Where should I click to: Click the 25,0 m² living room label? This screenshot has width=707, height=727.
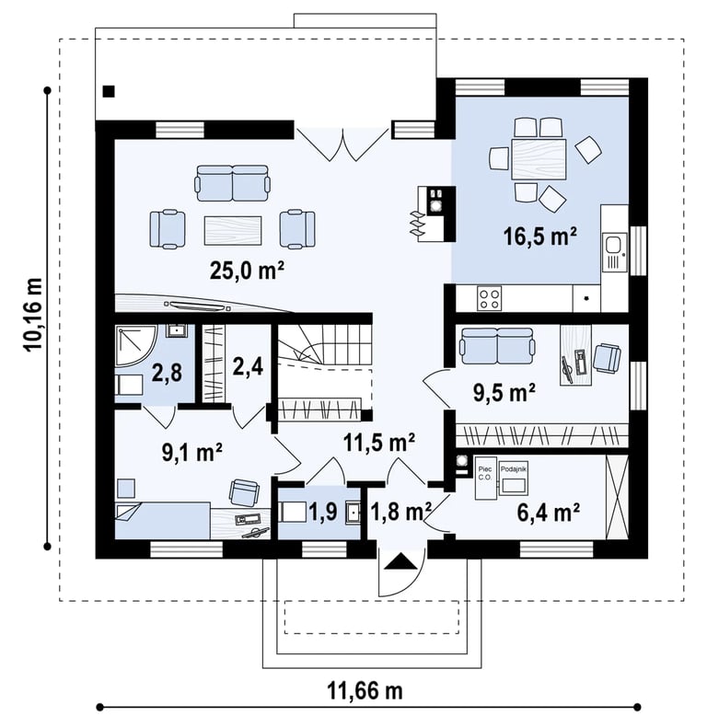coord(247,271)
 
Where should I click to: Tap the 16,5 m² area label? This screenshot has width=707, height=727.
coord(540,237)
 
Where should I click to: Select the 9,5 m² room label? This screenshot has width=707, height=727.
coord(504,393)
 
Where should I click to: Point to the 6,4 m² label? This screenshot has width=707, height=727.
coord(548,513)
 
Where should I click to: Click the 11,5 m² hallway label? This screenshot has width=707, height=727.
coord(379,443)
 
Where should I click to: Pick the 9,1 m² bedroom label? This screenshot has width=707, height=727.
coord(191,452)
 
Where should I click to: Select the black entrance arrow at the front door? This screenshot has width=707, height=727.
coord(400,562)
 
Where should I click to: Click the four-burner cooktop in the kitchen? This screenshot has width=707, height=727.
coord(490,298)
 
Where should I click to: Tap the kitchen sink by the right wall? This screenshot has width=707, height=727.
coord(614,253)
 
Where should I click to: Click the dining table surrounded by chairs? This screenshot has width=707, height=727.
coord(539,159)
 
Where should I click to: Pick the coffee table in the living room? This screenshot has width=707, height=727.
coord(233,230)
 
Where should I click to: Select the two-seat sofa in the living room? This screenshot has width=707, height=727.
coord(232,183)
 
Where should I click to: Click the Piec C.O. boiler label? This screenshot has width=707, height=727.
coord(484,471)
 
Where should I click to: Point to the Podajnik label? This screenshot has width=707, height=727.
coord(513,469)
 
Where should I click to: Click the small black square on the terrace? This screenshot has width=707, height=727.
coord(109,91)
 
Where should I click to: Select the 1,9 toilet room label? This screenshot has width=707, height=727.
coord(323,513)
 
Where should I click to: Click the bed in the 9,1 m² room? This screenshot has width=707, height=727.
coord(162,521)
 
